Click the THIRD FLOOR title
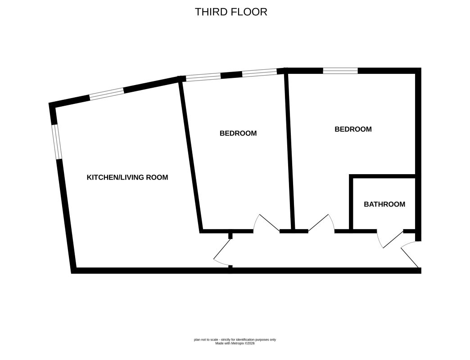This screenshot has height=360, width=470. tap(231, 12)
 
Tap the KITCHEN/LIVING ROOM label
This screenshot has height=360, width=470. tap(127, 177)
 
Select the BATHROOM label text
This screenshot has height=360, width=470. tap(384, 204)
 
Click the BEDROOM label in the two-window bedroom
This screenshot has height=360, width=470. tap(238, 133)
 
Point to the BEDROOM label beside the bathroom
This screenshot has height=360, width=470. tap(353, 129)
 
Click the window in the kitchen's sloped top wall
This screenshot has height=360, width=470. tap(107, 94)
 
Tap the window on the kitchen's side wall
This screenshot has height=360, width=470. tap(57, 142)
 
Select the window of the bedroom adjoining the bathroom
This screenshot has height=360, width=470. tap(340, 71)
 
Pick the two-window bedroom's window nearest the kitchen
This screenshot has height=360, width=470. tap(203, 76)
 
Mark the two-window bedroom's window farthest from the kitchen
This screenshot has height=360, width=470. tap(260, 72)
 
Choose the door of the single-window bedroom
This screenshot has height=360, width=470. tap(321, 223)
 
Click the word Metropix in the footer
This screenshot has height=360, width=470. tap(237, 343)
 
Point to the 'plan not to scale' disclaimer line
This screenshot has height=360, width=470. tap(235, 340)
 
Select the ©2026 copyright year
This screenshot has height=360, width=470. tap(249, 343)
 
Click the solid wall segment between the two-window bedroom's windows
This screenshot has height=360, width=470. tap(231, 75)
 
